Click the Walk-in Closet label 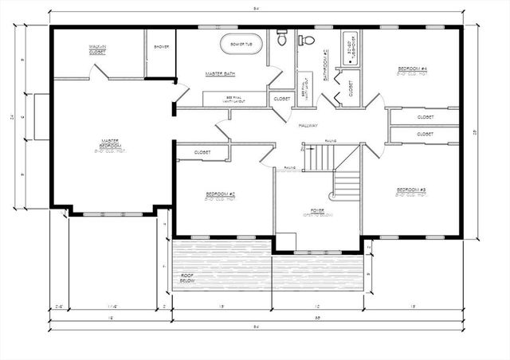click(x=98, y=50)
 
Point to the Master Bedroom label click(x=111, y=145)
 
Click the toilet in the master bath click(x=281, y=37)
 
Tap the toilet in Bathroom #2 click(x=307, y=39)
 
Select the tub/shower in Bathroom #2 click(x=349, y=49)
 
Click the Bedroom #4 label click(x=413, y=70)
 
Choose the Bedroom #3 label click(x=411, y=190)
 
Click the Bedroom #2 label click(x=220, y=195)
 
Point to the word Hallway click(x=308, y=126)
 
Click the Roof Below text click(x=187, y=278)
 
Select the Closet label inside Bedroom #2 click(x=202, y=151)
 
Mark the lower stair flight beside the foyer click(x=346, y=186)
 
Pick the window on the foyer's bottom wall click(x=317, y=252)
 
